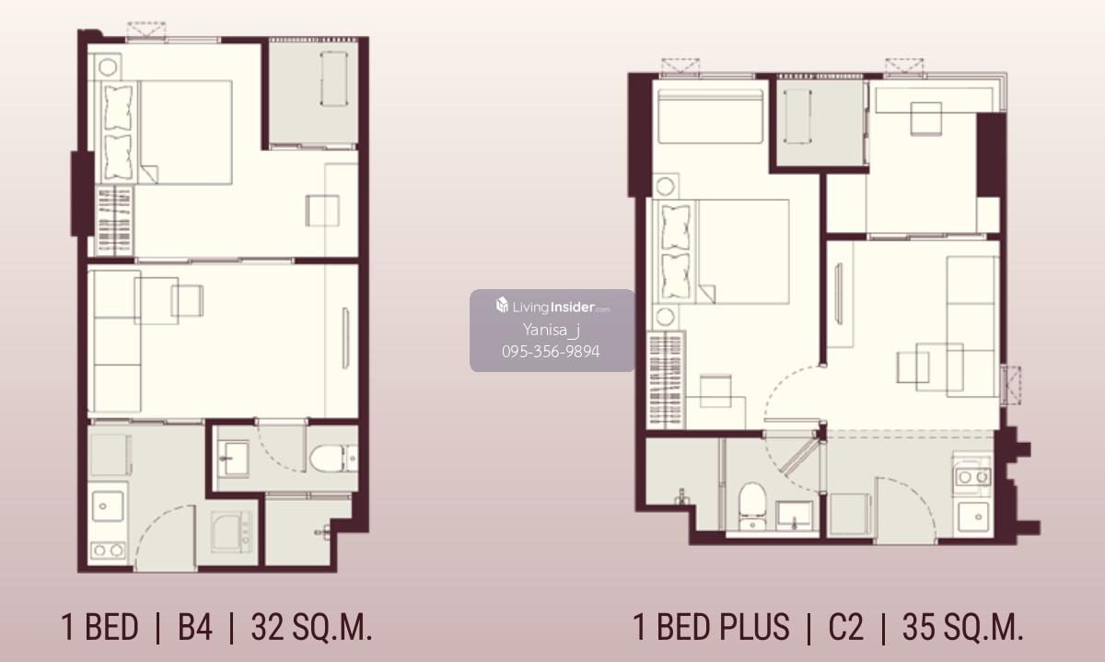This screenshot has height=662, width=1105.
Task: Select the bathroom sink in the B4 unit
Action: [233, 459]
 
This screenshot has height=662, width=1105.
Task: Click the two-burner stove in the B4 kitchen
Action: [109, 550]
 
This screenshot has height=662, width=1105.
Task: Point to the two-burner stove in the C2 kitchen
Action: [972, 477]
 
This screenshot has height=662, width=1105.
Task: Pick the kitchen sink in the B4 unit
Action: [108, 506]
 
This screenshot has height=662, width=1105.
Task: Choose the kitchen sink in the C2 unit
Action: [973, 517]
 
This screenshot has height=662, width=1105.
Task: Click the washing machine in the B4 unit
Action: [231, 532]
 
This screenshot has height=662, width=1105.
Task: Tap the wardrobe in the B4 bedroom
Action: [114, 221]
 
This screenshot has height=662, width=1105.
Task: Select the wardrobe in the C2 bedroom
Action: [666, 380]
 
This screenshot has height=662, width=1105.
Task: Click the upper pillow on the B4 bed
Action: [119, 107]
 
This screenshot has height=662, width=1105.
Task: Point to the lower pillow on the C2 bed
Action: [675, 276]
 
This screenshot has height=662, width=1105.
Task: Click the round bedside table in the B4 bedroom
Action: [108, 66]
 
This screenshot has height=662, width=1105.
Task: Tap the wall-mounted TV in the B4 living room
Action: [346, 338]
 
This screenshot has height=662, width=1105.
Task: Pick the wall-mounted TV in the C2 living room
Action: [838, 294]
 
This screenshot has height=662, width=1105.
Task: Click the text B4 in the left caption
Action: [195, 627]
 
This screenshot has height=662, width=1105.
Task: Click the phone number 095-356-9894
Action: [551, 352]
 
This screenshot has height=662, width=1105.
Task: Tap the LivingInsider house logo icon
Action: [502, 305]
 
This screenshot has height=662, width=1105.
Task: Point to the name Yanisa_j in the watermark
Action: [551, 330]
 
